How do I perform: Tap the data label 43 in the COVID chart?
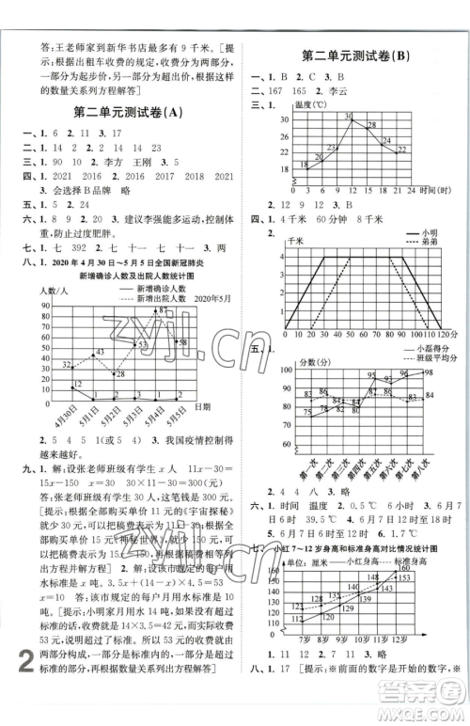100,352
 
